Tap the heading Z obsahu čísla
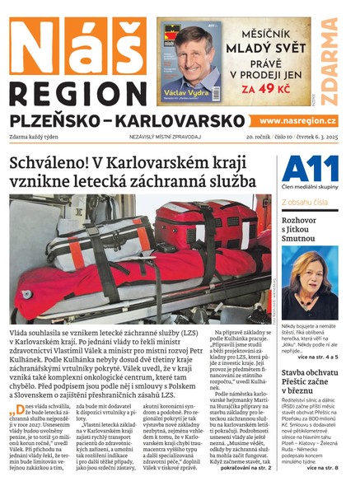[306, 202]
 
